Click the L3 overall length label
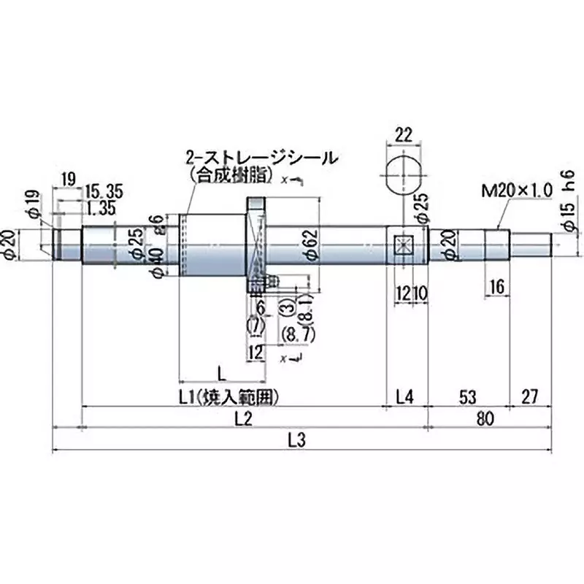(296, 440)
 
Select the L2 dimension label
(243, 419)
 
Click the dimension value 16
(497, 287)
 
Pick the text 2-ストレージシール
(261, 158)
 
